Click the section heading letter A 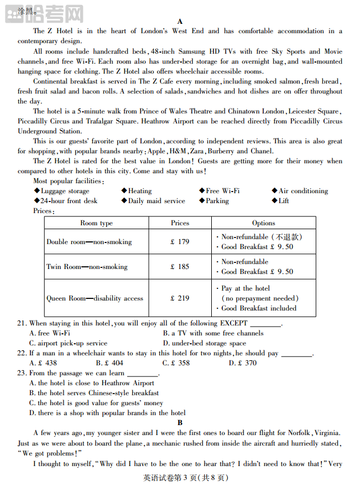(x=180, y=22)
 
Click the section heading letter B (x=180, y=423)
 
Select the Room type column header (x=96, y=223)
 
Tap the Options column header (x=263, y=223)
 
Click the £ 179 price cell (x=180, y=242)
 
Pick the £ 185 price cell (x=180, y=267)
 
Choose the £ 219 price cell (x=180, y=298)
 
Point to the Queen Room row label (x=95, y=298)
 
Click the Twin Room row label (x=87, y=267)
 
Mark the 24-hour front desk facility (x=68, y=201)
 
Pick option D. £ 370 (x=243, y=363)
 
